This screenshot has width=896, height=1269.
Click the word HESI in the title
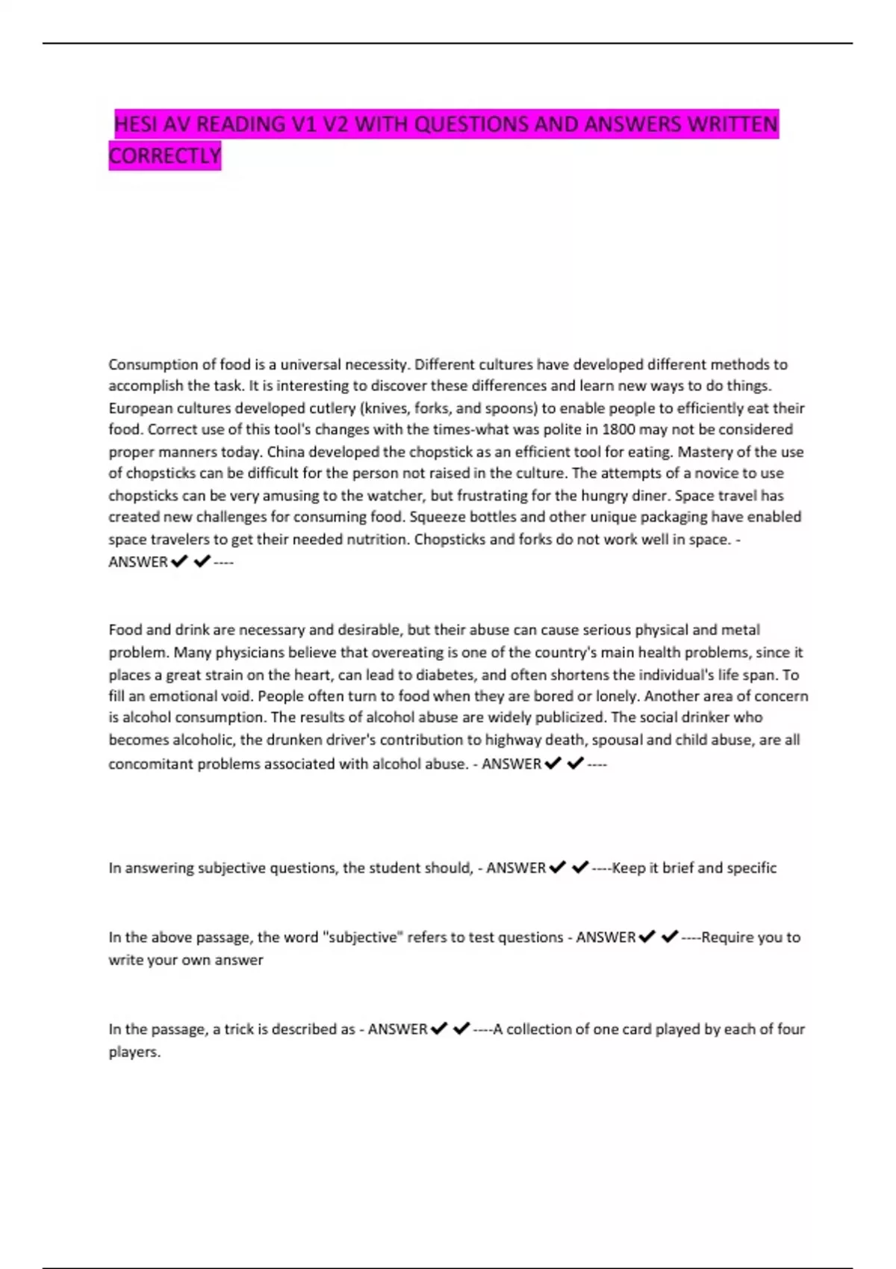136,124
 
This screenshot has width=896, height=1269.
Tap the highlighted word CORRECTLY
165,156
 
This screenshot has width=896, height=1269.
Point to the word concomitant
151,764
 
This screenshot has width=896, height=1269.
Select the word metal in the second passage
741,629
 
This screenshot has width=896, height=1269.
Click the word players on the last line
134,1051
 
